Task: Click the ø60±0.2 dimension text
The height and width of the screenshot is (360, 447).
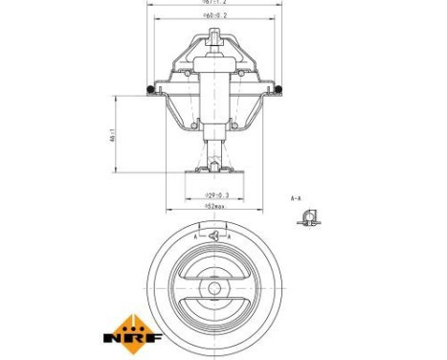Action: point(214,16)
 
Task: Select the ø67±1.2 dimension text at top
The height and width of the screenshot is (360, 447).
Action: point(214,3)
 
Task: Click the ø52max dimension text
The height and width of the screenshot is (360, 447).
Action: point(214,206)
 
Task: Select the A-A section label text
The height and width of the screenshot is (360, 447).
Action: point(297,196)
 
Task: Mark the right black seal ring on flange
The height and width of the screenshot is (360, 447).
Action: point(282,91)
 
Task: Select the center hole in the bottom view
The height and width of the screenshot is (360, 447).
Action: point(214,287)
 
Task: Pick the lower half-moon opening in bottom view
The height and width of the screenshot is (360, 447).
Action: point(214,311)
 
